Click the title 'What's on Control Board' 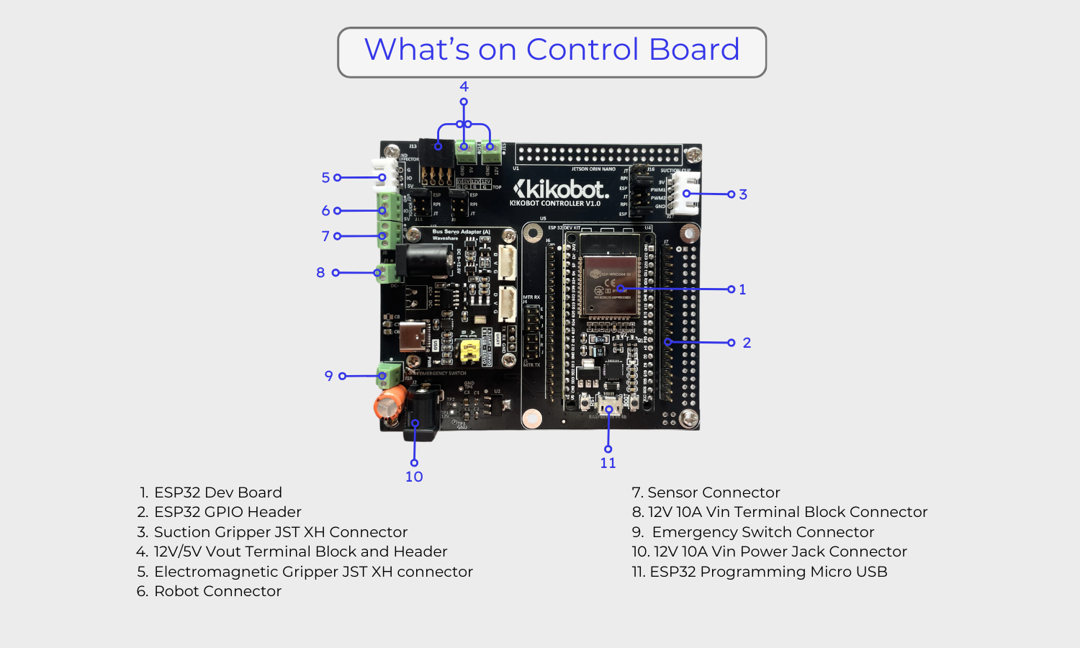(x=552, y=50)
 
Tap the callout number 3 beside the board (x=743, y=194)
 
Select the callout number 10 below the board (x=414, y=477)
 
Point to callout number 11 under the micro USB (x=608, y=463)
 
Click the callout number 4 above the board (x=464, y=86)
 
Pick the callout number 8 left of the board (x=320, y=273)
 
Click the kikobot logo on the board (x=560, y=190)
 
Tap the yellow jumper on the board (x=469, y=351)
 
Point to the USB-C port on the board (x=415, y=336)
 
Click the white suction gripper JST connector (x=685, y=193)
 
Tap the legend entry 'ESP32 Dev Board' (x=217, y=492)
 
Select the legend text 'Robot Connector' (x=217, y=591)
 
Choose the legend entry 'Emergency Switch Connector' (x=762, y=532)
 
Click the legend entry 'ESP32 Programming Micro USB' (x=768, y=572)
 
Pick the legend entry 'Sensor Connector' (x=714, y=492)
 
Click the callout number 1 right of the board (x=742, y=289)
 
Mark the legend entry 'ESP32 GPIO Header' (x=228, y=512)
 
